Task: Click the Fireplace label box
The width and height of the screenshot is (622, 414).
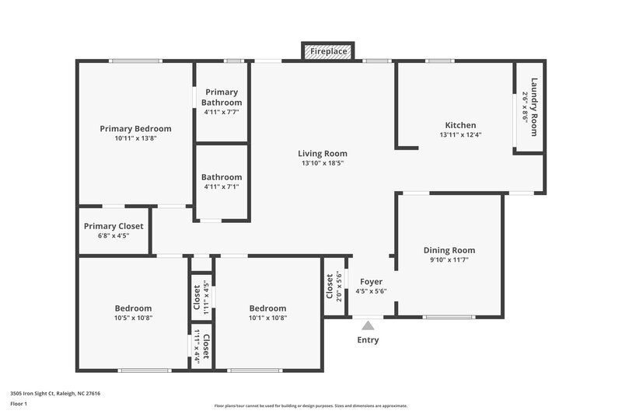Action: coord(328,52)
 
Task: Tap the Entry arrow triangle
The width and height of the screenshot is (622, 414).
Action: coord(368,325)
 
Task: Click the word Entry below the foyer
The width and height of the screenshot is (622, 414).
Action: coord(369,340)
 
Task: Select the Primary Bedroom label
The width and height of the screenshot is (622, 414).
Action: coord(135,129)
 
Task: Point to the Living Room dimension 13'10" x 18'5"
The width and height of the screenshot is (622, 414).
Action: coord(323,164)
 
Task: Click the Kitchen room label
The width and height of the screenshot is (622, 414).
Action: coord(460,125)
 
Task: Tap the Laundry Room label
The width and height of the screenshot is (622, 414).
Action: coord(534,106)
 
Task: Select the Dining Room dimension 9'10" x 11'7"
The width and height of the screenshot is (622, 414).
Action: coord(449,261)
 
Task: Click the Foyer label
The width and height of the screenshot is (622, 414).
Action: coord(371,281)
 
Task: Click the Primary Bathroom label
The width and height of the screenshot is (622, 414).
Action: coord(222,97)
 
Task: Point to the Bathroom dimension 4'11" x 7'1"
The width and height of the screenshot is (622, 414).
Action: coord(222,187)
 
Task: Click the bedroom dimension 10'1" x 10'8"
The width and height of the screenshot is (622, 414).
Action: coord(267,318)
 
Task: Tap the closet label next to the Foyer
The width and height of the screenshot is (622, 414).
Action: coord(330,286)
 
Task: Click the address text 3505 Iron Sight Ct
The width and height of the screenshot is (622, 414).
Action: coord(54,393)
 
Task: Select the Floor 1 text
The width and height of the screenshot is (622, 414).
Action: coord(18,404)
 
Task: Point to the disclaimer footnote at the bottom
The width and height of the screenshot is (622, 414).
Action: coord(311,405)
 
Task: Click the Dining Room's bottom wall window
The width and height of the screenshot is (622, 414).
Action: coord(449,317)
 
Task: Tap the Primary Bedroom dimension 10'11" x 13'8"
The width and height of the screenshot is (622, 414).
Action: coord(135,139)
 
